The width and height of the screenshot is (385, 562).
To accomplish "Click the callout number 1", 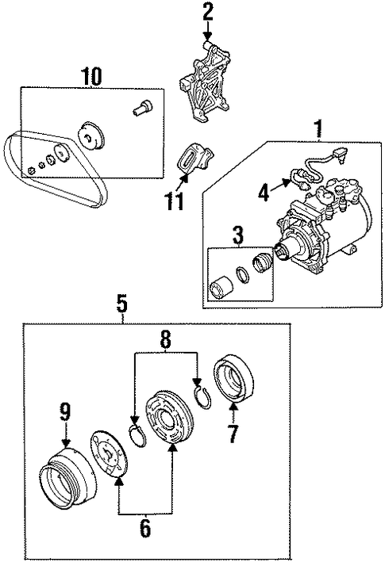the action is tap(318, 128).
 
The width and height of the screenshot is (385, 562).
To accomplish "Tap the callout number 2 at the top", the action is tap(207, 13).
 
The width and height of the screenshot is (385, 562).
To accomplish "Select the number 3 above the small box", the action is tap(238, 235).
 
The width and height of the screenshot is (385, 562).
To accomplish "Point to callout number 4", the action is tap(264, 193).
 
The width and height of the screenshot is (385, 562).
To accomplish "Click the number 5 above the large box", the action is tap(122, 305).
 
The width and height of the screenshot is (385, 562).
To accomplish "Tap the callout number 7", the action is tap(233, 433).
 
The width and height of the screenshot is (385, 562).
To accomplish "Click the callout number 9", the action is tap(66, 412).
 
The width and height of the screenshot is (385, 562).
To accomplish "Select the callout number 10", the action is tap(91, 76).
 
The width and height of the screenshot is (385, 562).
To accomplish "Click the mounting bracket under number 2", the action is tap(204, 82).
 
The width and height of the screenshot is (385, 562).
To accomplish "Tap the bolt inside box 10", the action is tap(142, 108).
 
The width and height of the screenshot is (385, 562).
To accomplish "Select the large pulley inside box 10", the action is tap(90, 135).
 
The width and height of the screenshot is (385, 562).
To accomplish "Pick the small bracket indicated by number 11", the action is tap(195, 158).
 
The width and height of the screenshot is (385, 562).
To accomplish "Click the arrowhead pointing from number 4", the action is tap(287, 183).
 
